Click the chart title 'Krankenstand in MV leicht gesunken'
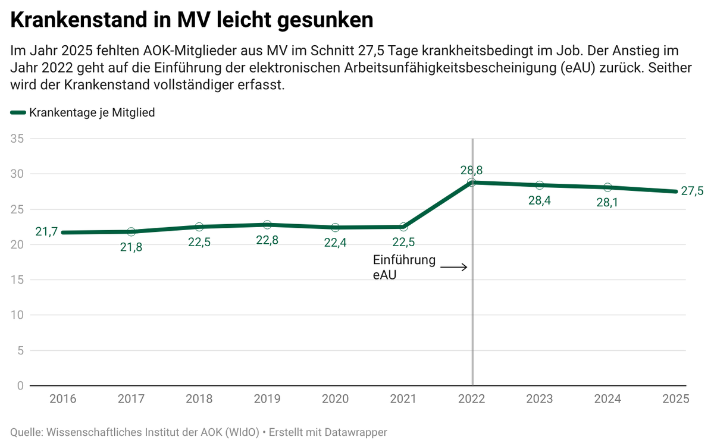[x=192, y=20]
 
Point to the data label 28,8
[x=472, y=170]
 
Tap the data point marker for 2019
[x=267, y=225]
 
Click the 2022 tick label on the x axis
[x=472, y=398]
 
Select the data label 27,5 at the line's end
[x=691, y=191]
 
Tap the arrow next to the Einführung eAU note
[x=453, y=268]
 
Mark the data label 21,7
[x=46, y=232]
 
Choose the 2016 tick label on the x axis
[x=62, y=398]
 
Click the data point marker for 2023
[x=540, y=186]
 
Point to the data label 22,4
[x=335, y=243]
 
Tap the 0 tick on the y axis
[x=20, y=386]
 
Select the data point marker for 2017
[x=131, y=232]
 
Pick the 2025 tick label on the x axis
[x=677, y=398]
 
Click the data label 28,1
[x=607, y=203]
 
